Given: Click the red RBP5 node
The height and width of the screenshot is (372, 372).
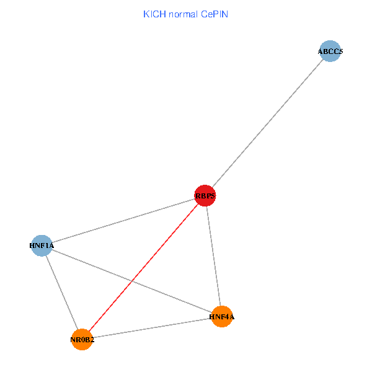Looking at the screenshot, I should click(x=205, y=196).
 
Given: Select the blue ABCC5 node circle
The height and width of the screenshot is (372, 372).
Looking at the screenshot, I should click(x=330, y=52).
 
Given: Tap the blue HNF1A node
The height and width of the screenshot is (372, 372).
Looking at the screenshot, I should click(x=42, y=246).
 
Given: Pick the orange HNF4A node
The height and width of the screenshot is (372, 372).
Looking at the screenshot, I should click(x=221, y=317).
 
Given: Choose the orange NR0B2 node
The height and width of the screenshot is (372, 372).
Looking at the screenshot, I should click(x=82, y=339).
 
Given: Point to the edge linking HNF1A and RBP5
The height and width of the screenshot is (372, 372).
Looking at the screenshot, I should click(x=123, y=221).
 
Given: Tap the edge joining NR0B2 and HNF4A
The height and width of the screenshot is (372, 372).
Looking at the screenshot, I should click(x=152, y=328).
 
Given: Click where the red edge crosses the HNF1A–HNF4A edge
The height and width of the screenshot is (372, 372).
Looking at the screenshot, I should click(x=132, y=281).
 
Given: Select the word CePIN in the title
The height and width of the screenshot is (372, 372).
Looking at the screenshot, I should click(x=214, y=14).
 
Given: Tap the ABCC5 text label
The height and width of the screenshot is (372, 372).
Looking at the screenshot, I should click(x=330, y=52).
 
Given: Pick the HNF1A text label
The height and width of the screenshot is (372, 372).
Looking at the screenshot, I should click(x=42, y=246).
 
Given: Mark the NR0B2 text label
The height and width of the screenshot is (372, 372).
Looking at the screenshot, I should click(x=82, y=340).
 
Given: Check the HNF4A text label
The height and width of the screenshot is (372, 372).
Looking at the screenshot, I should click(x=222, y=317).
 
